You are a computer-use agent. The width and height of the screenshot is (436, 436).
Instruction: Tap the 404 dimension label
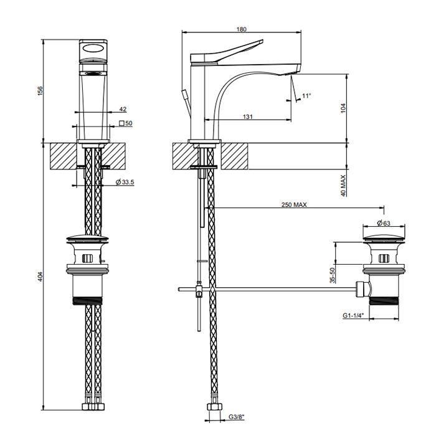pos(40,275)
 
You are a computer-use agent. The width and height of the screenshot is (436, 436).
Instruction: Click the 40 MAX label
pos(341,186)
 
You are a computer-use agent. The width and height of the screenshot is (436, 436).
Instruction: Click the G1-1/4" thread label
pos(353,316)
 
